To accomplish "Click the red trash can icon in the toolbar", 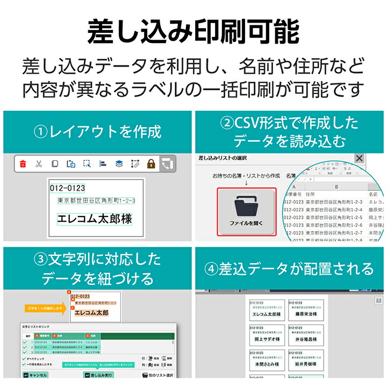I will pyautogui.click(x=23, y=164).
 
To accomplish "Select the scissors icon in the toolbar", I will pyautogui.click(x=39, y=164).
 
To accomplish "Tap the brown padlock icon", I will pyautogui.click(x=151, y=164).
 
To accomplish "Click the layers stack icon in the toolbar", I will pyautogui.click(x=119, y=164).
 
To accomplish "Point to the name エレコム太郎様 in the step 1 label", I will pyautogui.click(x=95, y=219).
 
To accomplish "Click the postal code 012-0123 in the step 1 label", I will pyautogui.click(x=67, y=189).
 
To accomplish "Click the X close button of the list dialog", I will pyautogui.click(x=359, y=159).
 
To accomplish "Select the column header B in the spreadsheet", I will pyautogui.click(x=335, y=187).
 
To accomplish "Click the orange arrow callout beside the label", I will pyautogui.click(x=45, y=309).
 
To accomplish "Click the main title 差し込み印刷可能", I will pyautogui.click(x=193, y=31).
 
